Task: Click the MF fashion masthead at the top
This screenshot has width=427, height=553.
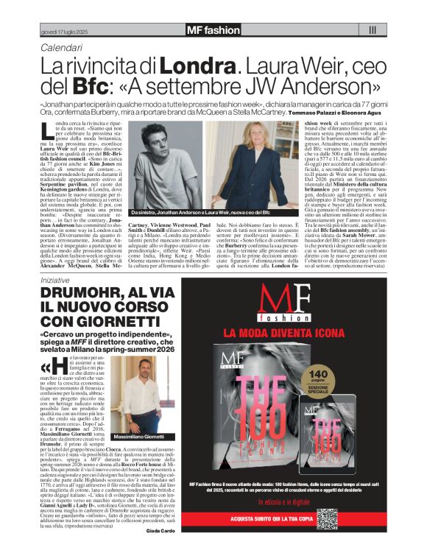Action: [x=213, y=29]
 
